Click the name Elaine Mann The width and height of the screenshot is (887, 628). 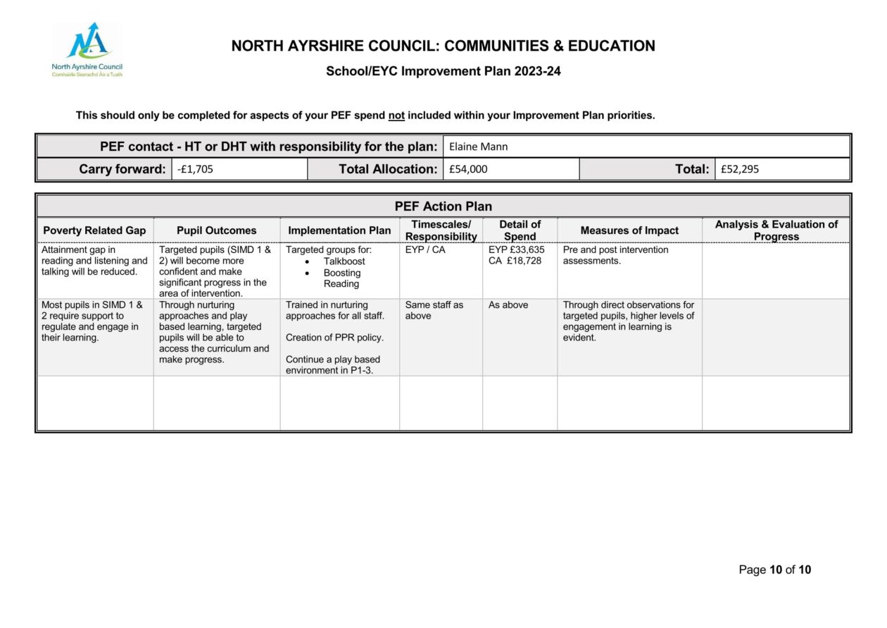point(478,147)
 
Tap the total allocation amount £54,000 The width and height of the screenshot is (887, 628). point(467,169)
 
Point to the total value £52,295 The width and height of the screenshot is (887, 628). point(739,169)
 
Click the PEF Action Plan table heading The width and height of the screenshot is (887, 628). point(443,207)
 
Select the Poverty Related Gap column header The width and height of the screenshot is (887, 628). point(94,230)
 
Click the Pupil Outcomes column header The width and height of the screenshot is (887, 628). point(216,230)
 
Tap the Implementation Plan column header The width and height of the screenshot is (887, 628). point(339,230)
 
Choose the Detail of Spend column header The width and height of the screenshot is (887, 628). point(520,230)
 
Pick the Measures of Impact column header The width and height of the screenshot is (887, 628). point(629,230)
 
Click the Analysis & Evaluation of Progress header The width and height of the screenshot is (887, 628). point(776,230)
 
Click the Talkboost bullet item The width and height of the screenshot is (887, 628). point(344,261)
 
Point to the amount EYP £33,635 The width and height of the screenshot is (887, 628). point(516,250)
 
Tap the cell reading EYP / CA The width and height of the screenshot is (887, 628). point(425,250)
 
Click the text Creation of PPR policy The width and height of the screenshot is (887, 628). point(334,338)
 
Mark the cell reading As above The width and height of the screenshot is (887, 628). point(508,305)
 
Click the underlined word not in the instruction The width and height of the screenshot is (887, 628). point(396,116)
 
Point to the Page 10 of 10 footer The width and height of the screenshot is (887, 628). point(774,569)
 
